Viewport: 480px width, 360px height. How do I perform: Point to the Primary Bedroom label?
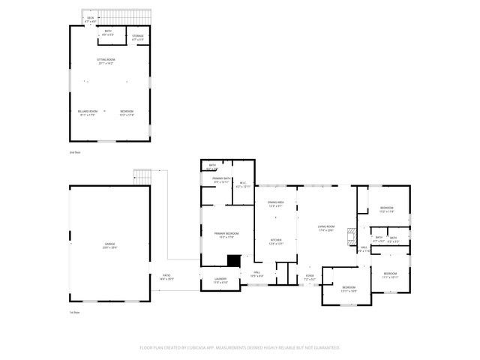point(227,235)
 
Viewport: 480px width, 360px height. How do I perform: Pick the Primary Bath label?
point(221,180)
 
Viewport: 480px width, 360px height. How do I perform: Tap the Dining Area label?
point(275,204)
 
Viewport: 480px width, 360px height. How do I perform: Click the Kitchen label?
point(275,241)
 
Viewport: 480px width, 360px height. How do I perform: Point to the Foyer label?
point(310,277)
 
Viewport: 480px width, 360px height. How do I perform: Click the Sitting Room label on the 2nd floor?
point(105,61)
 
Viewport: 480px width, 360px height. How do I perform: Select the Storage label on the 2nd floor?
point(139,37)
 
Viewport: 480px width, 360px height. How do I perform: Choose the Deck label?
point(91,19)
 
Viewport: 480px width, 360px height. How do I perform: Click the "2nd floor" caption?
point(74,152)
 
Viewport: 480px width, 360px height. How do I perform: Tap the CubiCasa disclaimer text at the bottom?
point(240,347)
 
